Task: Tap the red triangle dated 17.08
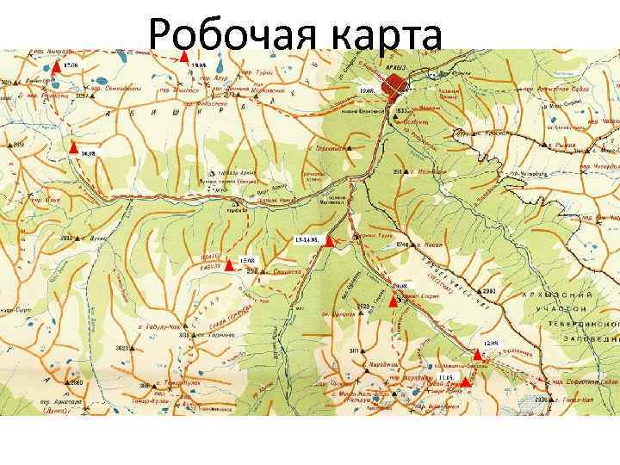tap(56, 65)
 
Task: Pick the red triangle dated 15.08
tap(230, 264)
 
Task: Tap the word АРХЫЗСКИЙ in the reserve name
tap(559, 294)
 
